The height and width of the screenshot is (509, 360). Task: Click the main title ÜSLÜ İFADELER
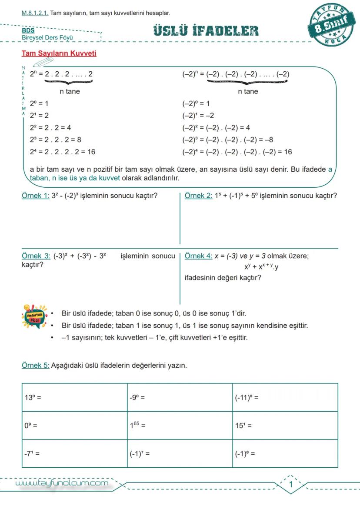(x=206, y=31)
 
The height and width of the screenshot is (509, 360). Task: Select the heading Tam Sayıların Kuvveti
(x=59, y=53)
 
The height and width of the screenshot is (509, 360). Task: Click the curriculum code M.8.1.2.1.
(x=35, y=13)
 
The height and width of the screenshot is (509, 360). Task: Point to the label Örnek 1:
(x=35, y=196)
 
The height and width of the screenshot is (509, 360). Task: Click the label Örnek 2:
(x=198, y=196)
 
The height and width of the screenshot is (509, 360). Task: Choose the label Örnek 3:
(x=36, y=256)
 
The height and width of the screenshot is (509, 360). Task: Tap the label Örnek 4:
(x=198, y=256)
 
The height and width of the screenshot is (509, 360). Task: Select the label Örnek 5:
(x=35, y=365)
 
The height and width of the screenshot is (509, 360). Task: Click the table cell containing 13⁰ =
(x=74, y=397)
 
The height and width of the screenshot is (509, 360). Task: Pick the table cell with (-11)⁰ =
(x=285, y=397)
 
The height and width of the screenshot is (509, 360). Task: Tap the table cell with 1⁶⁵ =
(x=180, y=426)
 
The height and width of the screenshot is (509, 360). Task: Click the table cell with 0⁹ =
(x=74, y=426)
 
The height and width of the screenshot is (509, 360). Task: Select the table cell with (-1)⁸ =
(x=285, y=453)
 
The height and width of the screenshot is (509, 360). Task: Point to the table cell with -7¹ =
(x=74, y=453)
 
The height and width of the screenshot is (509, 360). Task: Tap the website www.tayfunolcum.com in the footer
(x=62, y=483)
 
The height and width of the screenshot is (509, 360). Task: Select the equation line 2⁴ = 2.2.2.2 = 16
(x=63, y=152)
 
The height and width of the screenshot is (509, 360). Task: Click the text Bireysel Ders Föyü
(x=47, y=37)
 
